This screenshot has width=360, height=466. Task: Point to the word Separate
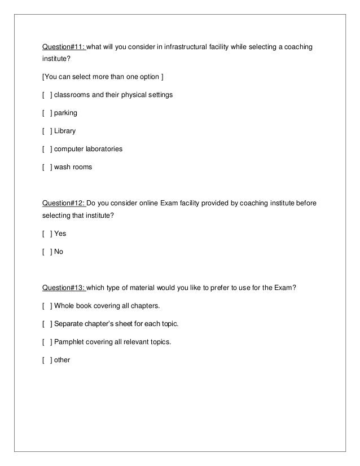click(69, 324)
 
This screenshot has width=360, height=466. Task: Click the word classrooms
click(72, 95)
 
